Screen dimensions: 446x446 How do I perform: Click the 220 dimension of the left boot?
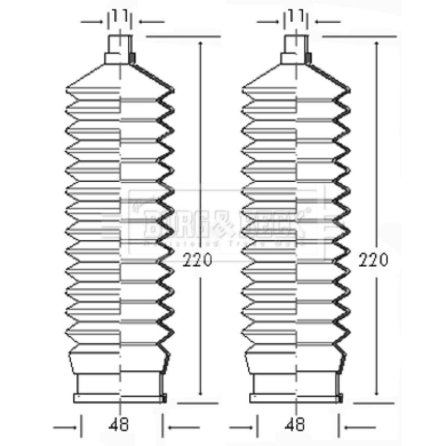point(197,259)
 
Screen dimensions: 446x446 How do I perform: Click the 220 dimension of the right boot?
point(374,259)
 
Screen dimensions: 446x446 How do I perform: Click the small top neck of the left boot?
point(119,44)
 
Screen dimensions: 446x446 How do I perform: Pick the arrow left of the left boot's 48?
point(66,428)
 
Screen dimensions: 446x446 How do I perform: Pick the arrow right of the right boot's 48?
point(357,428)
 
